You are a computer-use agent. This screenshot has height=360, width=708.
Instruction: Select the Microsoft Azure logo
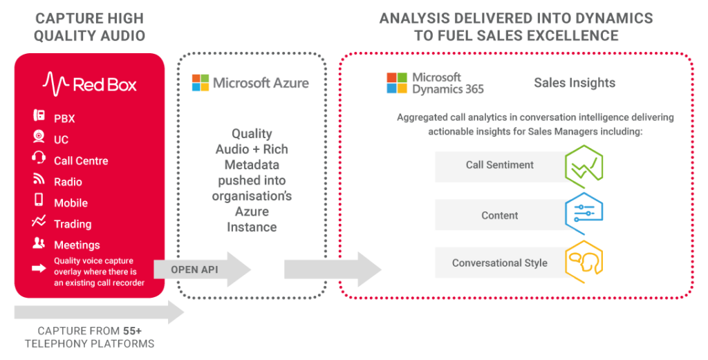pos(250,83)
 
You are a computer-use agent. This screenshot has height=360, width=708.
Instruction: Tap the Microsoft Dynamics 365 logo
pos(435,83)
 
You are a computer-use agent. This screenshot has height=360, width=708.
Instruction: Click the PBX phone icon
pos(39,117)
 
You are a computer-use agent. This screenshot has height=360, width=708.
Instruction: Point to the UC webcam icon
pos(39,138)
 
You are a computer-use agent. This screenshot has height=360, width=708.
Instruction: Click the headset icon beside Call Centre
pos(39,159)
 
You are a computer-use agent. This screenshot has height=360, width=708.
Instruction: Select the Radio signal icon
pos(39,180)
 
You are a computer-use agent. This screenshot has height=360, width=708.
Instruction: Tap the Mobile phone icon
pos(39,201)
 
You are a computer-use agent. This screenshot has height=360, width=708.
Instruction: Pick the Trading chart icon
pos(39,222)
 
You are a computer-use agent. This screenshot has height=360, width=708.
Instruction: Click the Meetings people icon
pos(39,244)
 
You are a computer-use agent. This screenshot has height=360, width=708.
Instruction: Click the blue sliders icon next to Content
pos(584,214)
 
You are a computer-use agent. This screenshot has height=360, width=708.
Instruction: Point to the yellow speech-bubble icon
pos(584,263)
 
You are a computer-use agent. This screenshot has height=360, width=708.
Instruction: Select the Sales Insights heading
pos(575,83)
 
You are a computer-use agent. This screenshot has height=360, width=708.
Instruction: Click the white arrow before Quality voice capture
pos(39,268)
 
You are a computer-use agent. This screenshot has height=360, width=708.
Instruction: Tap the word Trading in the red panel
pos(73,224)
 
